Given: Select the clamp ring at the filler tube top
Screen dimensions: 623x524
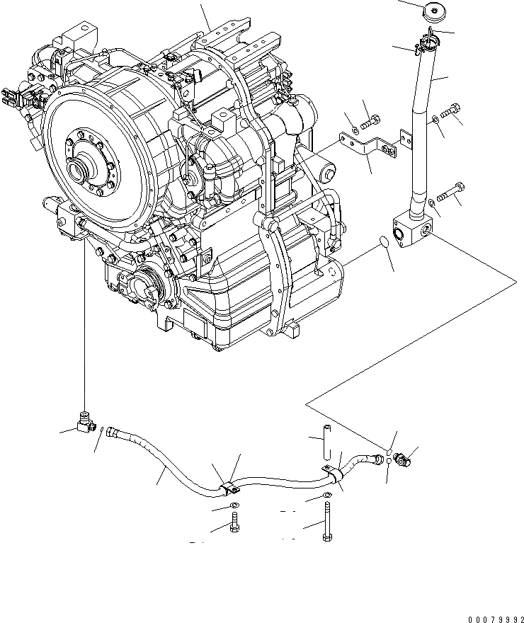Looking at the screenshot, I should [427, 45].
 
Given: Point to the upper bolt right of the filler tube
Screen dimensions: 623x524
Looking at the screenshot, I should [451, 111].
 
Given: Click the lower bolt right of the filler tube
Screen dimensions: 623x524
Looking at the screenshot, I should [450, 189].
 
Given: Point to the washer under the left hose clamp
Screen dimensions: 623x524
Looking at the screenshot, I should [234, 505].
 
